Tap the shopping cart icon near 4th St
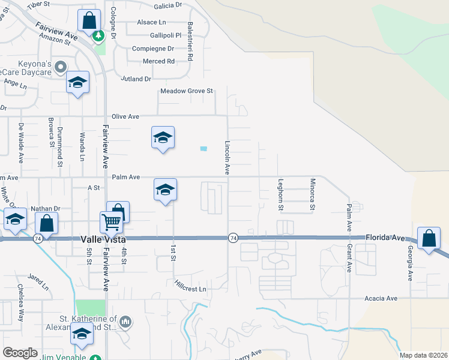(112, 223)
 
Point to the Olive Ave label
(125, 116)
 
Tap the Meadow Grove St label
(187, 91)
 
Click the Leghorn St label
(280, 194)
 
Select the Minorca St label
(312, 194)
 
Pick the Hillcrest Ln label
(190, 285)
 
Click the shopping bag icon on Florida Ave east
(430, 239)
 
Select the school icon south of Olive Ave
(163, 138)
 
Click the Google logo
(20, 353)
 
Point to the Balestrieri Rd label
(190, 42)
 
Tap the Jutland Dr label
(136, 79)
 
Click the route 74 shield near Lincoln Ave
(232, 238)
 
